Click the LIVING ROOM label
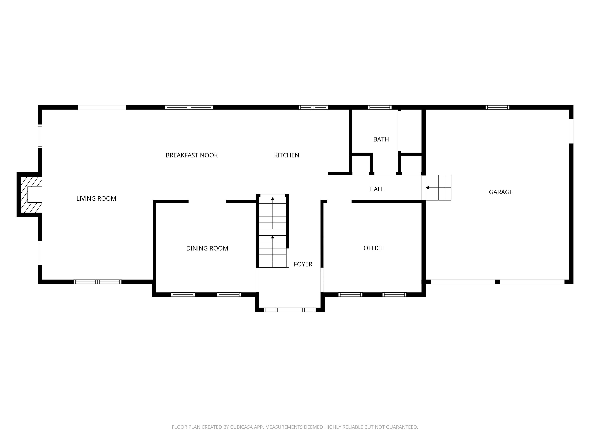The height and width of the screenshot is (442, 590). coord(96,199)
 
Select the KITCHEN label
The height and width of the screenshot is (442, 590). coord(287,155)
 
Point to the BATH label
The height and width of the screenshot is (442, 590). coord(381,139)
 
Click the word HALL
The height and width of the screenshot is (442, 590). coord(376,189)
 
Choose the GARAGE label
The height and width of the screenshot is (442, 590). coord(501,192)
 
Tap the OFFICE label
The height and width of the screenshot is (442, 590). coord(373,248)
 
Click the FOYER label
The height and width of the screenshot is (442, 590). coord(303,264)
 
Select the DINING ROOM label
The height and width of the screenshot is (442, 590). coord(207,248)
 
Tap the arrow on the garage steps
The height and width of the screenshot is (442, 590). coord(427,188)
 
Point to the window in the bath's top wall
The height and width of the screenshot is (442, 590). coord(380,107)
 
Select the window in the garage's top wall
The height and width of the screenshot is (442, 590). coord(497,107)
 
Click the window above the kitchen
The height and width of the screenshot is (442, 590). coord(313,107)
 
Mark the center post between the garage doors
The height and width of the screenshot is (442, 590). coord(497,282)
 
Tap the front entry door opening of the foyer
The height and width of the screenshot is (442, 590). coord(290,310)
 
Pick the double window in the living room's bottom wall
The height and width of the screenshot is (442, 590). coord(98,282)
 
